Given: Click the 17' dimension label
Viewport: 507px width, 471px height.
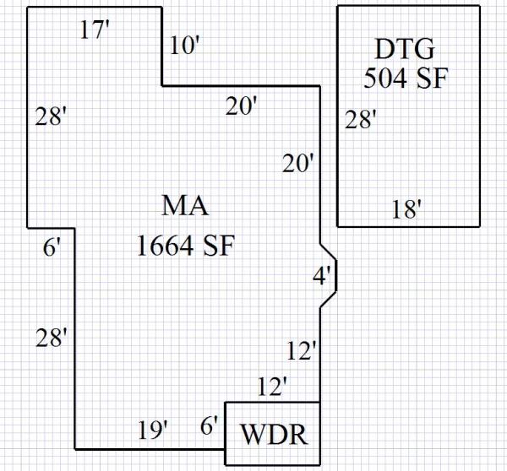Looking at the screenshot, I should pos(95,31).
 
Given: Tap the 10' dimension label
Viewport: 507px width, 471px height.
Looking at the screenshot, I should pos(183,46).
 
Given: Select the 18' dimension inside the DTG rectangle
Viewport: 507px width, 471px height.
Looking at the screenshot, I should pos(406,209).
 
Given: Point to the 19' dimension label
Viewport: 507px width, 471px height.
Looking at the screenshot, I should pos(153,430).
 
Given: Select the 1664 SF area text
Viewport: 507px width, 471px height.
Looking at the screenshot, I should pos(184,246).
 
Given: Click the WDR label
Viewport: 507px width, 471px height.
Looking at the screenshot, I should pos(271,436).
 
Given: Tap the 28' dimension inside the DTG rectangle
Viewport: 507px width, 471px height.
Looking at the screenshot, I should pos(361,121).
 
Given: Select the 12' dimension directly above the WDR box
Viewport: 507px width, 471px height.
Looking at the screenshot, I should pos(272,387).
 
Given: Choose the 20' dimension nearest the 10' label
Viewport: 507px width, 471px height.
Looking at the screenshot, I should pos(242,106).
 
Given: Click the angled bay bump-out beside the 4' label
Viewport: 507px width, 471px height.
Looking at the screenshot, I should pos(330,274).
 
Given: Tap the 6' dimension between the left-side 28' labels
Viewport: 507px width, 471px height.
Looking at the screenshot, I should pos(52,248).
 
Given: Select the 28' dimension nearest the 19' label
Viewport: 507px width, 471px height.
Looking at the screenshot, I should pos(51,338).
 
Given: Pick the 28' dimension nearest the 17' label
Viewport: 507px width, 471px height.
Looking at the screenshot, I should pos(51,117).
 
